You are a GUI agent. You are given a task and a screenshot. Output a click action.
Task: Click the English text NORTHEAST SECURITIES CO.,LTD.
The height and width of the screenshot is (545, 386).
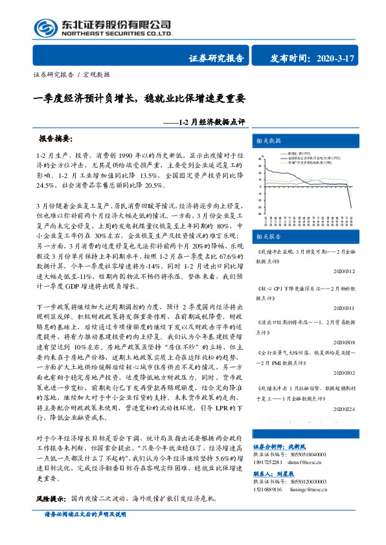(x=116, y=32)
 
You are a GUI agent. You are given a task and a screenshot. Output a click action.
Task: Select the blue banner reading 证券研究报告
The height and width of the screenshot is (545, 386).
(x=216, y=58)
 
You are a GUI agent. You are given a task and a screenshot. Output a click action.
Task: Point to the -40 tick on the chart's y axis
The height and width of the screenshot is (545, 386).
(x=259, y=214)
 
